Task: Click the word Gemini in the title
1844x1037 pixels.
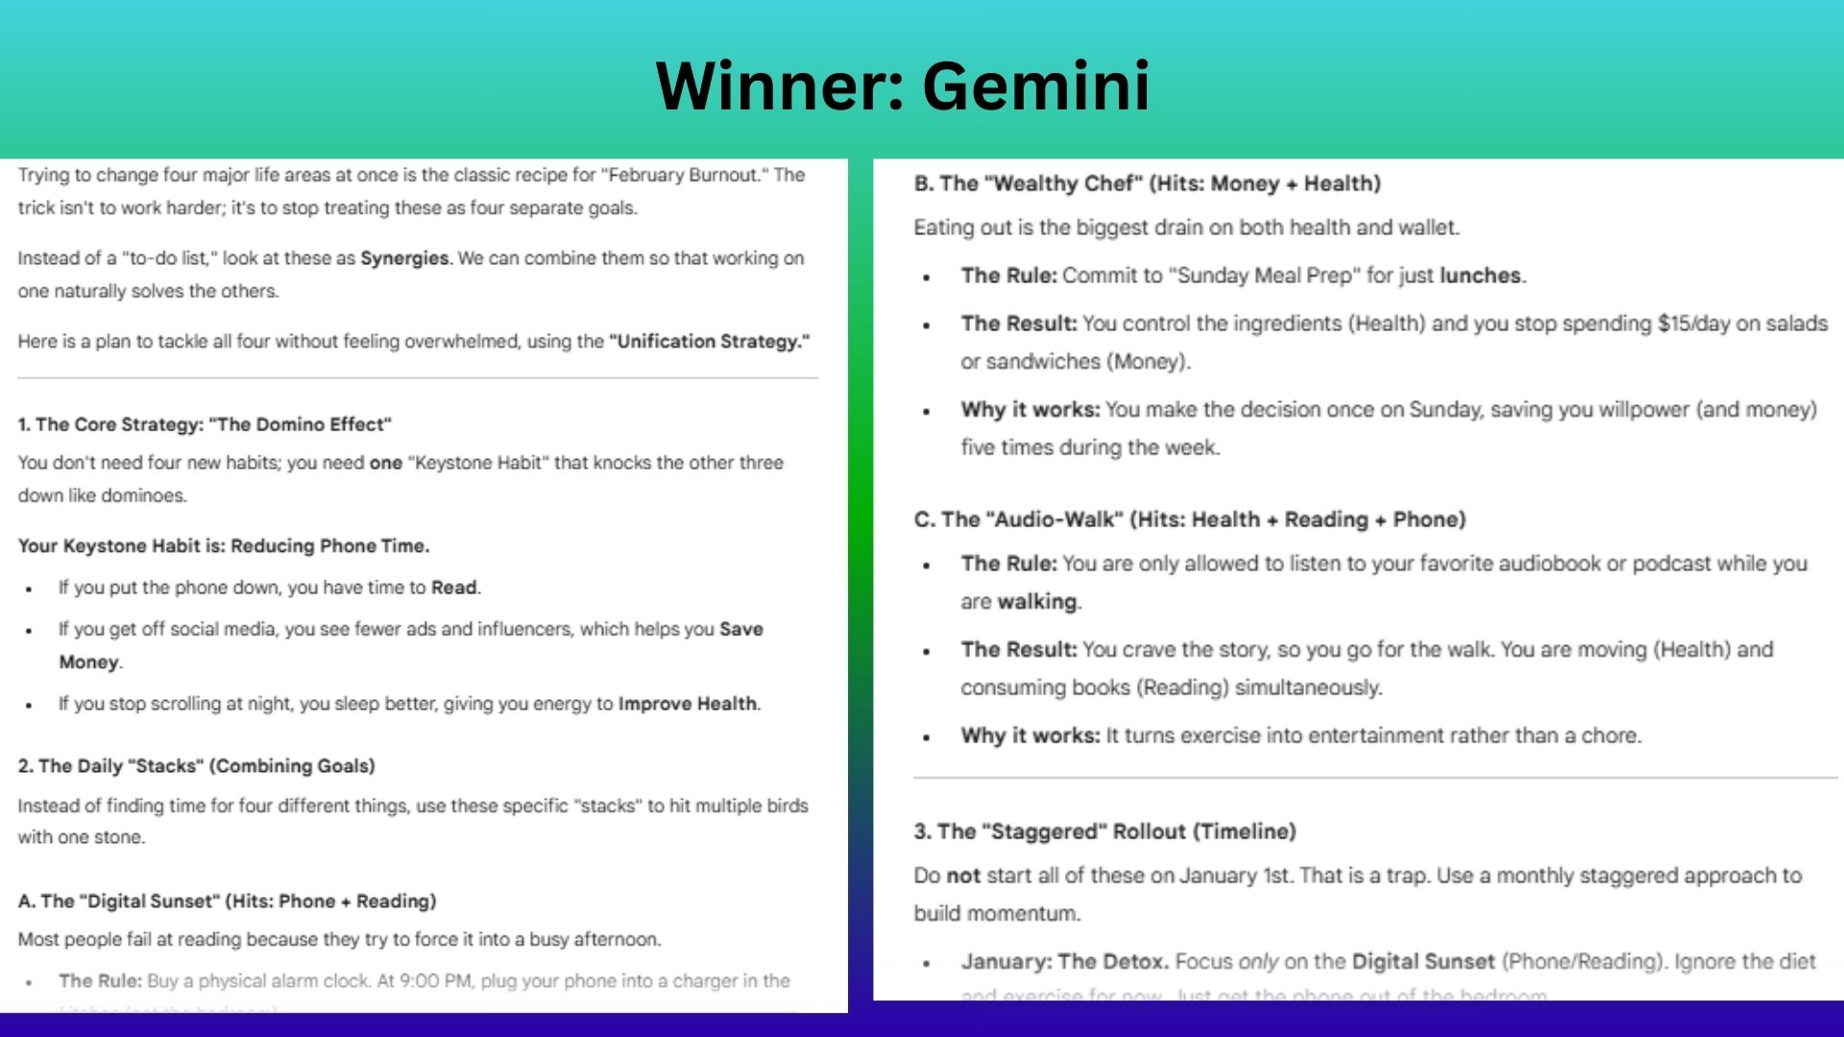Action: pyautogui.click(x=1036, y=86)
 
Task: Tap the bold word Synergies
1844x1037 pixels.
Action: pyautogui.click(x=404, y=258)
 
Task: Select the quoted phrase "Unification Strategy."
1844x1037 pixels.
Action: pyautogui.click(x=709, y=342)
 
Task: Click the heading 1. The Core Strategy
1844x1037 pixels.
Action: pyautogui.click(x=205, y=424)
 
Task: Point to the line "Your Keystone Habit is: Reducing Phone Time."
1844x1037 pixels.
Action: pyautogui.click(x=224, y=546)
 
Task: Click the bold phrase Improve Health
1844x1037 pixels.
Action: pyautogui.click(x=688, y=704)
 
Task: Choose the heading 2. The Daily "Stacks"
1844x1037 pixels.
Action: pyautogui.click(x=196, y=766)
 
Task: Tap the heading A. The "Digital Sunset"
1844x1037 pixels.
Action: pyautogui.click(x=227, y=902)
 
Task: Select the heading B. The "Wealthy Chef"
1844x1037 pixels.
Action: pyautogui.click(x=1147, y=183)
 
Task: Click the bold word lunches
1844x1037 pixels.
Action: pyautogui.click(x=1480, y=276)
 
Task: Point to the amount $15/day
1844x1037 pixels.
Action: pyautogui.click(x=1693, y=324)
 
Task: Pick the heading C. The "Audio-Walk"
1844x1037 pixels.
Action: pyautogui.click(x=1189, y=519)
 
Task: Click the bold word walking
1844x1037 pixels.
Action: pyautogui.click(x=1037, y=602)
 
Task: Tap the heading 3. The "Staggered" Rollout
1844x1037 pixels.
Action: pyautogui.click(x=1104, y=832)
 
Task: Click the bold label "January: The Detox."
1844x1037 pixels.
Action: pyautogui.click(x=1064, y=962)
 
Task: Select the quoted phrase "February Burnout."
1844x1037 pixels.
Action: pyautogui.click(x=703, y=175)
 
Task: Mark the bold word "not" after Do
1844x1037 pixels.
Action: pyautogui.click(x=962, y=876)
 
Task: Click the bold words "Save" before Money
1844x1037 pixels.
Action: pyautogui.click(x=740, y=630)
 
